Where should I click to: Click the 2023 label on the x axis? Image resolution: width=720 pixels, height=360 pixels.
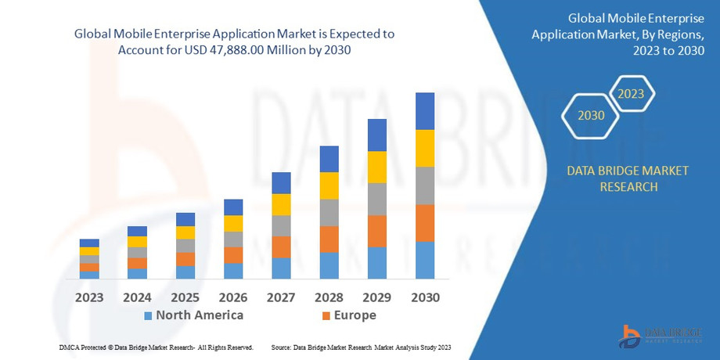tap(89, 297)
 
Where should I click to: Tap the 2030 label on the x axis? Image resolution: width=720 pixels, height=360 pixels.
tap(425, 297)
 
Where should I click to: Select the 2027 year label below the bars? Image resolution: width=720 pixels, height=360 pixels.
tap(281, 297)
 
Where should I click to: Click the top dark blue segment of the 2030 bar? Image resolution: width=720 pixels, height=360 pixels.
tap(425, 111)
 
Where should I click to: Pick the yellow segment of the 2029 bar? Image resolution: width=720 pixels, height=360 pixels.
tap(377, 167)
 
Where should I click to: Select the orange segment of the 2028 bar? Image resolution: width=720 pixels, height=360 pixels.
tap(329, 239)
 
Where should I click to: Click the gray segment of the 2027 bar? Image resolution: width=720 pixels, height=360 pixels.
tap(281, 225)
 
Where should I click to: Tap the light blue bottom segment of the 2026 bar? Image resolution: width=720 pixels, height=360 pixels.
tap(233, 271)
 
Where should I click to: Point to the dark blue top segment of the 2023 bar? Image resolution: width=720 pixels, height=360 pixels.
tap(89, 243)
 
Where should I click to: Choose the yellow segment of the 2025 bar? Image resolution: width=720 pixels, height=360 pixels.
tap(185, 232)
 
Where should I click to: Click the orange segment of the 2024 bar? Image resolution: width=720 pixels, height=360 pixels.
tap(138, 263)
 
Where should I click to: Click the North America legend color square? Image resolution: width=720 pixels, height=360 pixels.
tap(148, 315)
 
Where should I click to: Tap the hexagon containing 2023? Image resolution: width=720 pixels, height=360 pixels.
tap(631, 94)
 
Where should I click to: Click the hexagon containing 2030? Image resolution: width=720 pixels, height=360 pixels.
tap(591, 115)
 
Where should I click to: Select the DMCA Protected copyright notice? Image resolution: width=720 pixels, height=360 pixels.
tap(156, 347)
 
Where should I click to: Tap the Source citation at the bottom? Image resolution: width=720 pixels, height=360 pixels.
tap(361, 347)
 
